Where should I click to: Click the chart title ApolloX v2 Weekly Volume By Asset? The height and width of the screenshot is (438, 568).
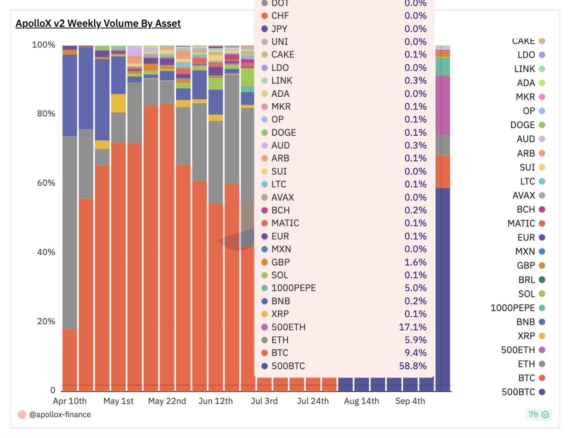click(x=98, y=24)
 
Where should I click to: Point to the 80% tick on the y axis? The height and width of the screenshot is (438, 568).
click(x=46, y=114)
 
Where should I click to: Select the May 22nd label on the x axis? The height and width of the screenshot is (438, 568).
click(x=167, y=401)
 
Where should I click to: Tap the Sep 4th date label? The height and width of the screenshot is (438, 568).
click(x=410, y=401)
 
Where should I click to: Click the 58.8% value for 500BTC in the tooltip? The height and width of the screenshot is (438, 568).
click(x=412, y=366)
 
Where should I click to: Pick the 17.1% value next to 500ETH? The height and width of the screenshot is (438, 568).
click(x=412, y=327)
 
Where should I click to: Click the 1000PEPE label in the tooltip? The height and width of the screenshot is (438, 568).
click(x=293, y=288)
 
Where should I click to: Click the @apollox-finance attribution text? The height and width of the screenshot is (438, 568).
click(x=60, y=414)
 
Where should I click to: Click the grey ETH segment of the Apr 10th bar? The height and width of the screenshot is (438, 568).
click(x=69, y=231)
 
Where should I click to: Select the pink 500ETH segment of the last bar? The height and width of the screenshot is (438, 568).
click(x=443, y=105)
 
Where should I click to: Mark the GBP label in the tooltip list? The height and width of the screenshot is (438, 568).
click(x=280, y=262)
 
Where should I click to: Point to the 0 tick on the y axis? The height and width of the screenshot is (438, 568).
click(x=52, y=390)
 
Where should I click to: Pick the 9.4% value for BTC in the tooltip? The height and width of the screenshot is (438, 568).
click(x=415, y=353)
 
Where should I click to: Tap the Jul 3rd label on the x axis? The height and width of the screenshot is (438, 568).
click(x=264, y=401)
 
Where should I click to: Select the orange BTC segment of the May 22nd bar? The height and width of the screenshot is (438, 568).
click(x=167, y=245)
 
